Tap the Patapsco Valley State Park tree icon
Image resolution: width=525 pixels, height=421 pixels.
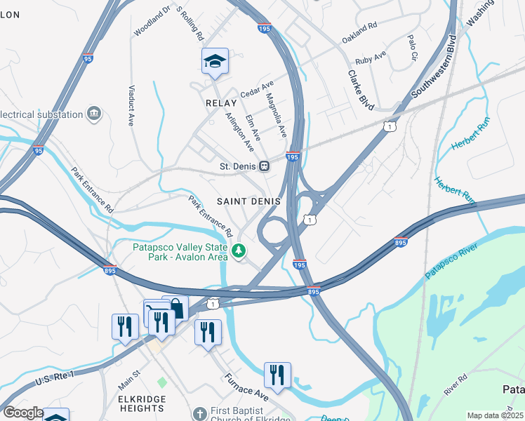pos(239,250)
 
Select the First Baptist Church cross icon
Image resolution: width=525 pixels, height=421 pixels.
pos(199,413)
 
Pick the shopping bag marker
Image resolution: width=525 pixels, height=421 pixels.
pos(175,308)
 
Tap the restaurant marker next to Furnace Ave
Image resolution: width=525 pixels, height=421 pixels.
pos(277,375)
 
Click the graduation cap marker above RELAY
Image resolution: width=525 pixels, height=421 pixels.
pos(215,62)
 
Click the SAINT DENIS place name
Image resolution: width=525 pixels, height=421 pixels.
pos(248,201)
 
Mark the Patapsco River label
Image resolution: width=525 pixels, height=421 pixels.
pos(451,262)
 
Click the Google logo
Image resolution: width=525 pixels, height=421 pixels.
pos(22,413)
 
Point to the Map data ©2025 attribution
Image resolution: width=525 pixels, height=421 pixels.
pos(495,415)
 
